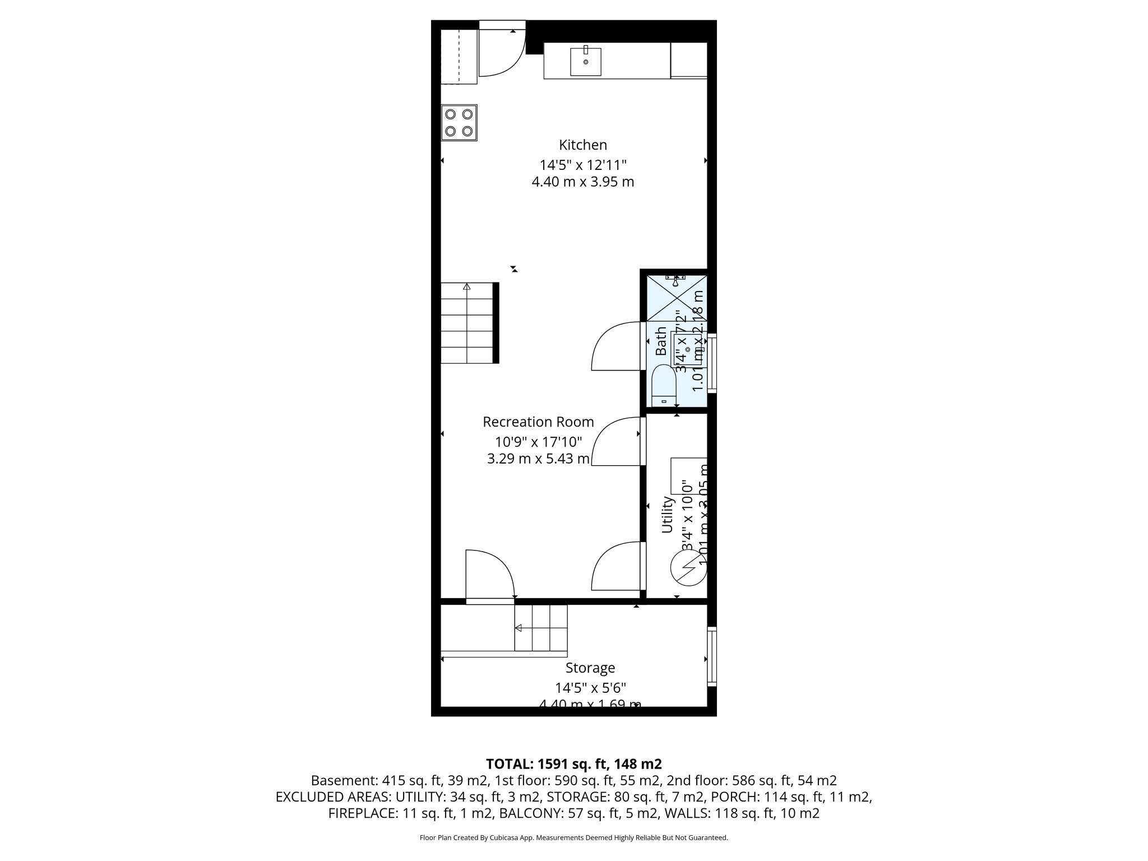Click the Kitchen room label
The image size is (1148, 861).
coord(582,145)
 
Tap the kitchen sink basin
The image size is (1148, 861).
coord(586,62)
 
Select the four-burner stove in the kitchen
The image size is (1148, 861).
coord(459,123)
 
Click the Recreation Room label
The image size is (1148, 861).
coord(538,422)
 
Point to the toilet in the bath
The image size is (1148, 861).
coord(664,385)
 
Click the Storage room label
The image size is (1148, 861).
coord(590,668)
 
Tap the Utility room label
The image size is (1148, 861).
coord(667,515)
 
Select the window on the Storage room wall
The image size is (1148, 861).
coord(711,656)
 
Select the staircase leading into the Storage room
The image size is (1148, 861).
coord(541,628)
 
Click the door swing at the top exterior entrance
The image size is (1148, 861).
coord(500,55)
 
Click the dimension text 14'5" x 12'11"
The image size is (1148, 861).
coord(582,165)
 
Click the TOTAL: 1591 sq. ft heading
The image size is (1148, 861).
coord(573,764)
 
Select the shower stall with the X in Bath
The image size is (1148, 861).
coord(677,297)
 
